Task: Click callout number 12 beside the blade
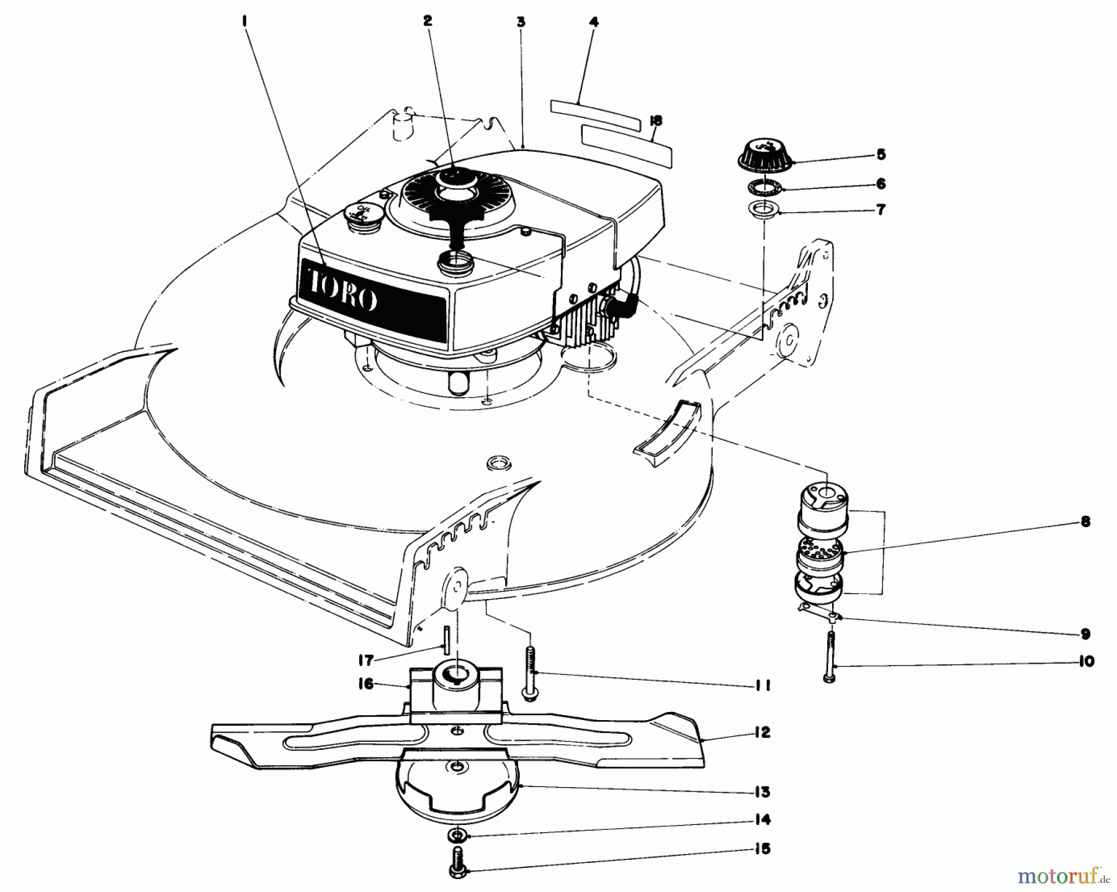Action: pyautogui.click(x=763, y=732)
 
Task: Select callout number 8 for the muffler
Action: pyautogui.click(x=1085, y=521)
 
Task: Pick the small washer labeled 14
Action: pyautogui.click(x=457, y=836)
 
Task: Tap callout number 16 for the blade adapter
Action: pyautogui.click(x=366, y=684)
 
